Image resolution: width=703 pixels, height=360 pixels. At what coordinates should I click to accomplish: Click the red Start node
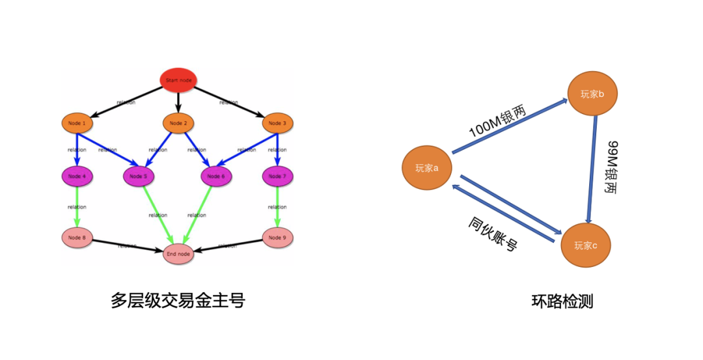coord(178,79)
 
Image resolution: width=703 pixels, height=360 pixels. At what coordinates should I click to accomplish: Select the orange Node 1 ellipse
coord(77,122)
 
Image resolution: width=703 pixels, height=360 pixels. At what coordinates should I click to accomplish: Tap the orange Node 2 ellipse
coord(178,122)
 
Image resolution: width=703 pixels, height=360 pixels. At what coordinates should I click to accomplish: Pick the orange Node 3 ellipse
coord(277,122)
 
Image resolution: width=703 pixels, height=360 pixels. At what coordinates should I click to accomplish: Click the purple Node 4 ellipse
coord(77,176)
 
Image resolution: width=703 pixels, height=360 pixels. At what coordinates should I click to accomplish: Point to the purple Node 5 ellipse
coord(138,176)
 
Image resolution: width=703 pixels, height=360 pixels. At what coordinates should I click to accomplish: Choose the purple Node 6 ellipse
coord(217,176)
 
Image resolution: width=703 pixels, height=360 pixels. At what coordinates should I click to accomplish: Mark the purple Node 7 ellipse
coord(277,176)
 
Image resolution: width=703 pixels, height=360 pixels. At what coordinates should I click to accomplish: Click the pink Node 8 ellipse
coord(77,238)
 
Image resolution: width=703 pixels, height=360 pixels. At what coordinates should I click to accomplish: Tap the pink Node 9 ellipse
coord(277,238)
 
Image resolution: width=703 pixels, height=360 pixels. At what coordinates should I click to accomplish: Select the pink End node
coord(178,254)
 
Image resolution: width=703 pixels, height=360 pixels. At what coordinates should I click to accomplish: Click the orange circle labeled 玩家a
coord(427,168)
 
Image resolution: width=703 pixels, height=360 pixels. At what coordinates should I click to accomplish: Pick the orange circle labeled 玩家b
coord(592,94)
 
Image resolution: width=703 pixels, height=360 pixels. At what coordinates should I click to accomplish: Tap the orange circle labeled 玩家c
coord(586,245)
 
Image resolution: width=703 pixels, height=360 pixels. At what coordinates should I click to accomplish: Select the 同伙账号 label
coord(493,234)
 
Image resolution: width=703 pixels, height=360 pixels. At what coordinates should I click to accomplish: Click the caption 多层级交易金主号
coord(178,300)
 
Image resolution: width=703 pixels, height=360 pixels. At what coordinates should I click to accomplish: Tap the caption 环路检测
coord(562,301)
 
